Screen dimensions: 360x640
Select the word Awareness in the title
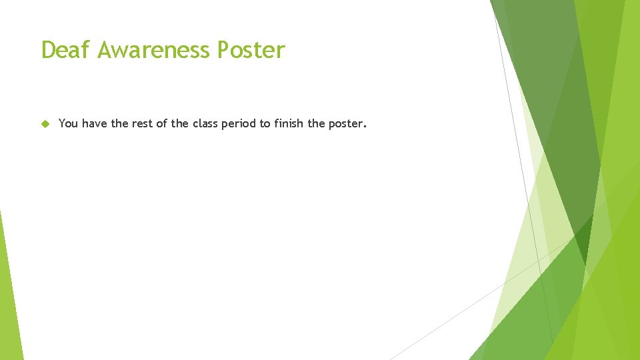pos(157,50)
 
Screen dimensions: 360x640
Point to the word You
pos(68,123)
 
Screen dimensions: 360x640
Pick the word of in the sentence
pos(163,123)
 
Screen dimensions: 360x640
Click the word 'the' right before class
pos(180,123)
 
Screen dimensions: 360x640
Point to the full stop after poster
pos(364,127)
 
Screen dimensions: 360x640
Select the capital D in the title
pos(49,50)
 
